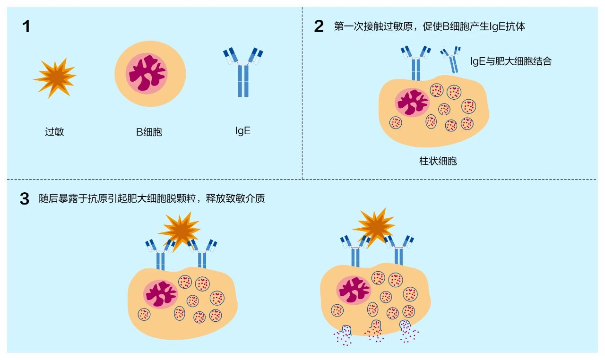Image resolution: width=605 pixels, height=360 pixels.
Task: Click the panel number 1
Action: (26, 26)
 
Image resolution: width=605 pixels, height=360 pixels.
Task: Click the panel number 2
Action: (319, 26)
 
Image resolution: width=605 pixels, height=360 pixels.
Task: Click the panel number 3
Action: (25, 199)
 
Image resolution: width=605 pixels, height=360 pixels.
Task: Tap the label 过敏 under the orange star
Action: (54, 132)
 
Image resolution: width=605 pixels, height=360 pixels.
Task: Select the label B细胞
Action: (149, 132)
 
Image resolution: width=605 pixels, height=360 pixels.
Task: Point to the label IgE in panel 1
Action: (242, 131)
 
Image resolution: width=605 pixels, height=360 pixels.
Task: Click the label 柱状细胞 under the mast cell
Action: (438, 161)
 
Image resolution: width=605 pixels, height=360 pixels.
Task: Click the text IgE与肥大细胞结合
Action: (510, 61)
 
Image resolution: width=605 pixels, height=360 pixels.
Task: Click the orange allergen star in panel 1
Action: (55, 77)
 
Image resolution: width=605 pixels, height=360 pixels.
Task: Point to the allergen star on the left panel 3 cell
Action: (180, 230)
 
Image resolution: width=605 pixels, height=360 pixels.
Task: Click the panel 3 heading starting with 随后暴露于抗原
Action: (151, 198)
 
